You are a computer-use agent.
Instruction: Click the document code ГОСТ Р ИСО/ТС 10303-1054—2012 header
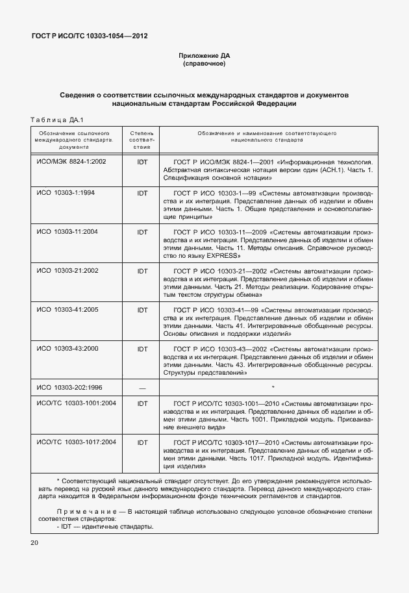(x=89, y=36)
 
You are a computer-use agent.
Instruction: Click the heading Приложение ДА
(x=204, y=56)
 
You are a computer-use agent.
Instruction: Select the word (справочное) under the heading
(x=204, y=64)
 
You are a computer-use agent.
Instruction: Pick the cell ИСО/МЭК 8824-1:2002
(x=71, y=161)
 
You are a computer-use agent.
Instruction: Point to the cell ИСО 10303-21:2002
(x=68, y=271)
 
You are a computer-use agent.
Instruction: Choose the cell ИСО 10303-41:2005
(x=68, y=310)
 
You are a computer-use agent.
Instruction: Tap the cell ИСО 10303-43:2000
(x=68, y=349)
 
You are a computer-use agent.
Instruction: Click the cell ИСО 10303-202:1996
(x=69, y=388)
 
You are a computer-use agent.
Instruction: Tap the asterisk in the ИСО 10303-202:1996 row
(x=273, y=388)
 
